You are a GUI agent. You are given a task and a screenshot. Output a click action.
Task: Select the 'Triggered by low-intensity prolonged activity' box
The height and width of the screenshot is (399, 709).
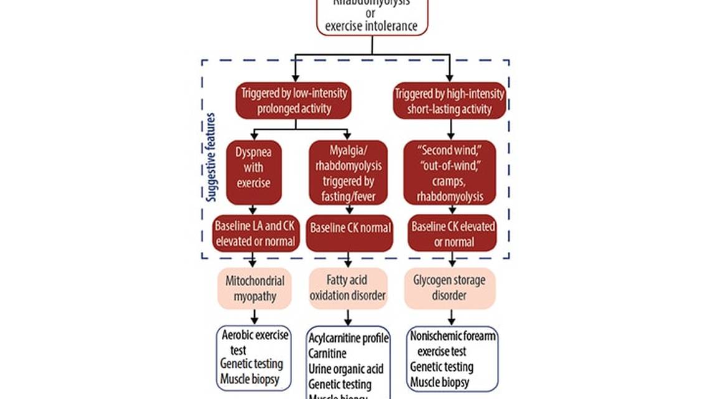(293, 101)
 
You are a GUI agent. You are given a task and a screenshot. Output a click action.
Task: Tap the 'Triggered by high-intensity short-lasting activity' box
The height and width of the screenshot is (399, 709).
(449, 101)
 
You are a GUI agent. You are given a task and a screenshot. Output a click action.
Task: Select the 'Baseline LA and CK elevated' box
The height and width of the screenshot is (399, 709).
(255, 233)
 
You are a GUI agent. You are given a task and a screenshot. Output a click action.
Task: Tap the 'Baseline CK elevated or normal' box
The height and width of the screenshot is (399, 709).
(452, 233)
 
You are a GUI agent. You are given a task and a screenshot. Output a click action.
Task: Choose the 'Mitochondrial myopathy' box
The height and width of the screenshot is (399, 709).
(254, 288)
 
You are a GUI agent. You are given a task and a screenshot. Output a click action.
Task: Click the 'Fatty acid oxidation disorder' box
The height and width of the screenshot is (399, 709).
(348, 288)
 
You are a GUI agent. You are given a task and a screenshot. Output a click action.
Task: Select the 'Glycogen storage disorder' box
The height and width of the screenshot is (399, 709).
(449, 288)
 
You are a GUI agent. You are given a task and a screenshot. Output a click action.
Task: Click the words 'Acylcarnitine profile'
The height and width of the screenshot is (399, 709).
(348, 339)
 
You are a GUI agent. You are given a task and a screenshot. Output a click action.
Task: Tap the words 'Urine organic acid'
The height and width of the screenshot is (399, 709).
(346, 369)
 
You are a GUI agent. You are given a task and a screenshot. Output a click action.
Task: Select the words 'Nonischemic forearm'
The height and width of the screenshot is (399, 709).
(454, 336)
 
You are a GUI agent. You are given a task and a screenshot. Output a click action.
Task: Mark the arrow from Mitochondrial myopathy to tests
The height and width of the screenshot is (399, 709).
(254, 316)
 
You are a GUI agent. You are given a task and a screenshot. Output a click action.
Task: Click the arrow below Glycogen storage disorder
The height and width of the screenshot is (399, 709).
(450, 316)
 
